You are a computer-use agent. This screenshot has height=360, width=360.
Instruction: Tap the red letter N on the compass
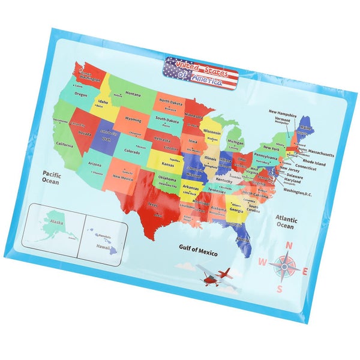point(289,245)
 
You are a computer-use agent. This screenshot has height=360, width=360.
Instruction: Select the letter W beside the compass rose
point(262,261)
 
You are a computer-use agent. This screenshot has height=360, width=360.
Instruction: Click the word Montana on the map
point(133,94)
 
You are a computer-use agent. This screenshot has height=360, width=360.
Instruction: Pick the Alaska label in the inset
point(56,222)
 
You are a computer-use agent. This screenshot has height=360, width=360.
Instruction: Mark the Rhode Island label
point(314,163)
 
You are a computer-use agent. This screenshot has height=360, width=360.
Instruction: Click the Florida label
point(242,239)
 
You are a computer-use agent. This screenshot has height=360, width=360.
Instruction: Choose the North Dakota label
point(170,102)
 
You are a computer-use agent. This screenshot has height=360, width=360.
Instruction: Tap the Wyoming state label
point(133,120)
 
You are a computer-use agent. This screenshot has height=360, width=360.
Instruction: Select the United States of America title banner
point(201,73)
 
